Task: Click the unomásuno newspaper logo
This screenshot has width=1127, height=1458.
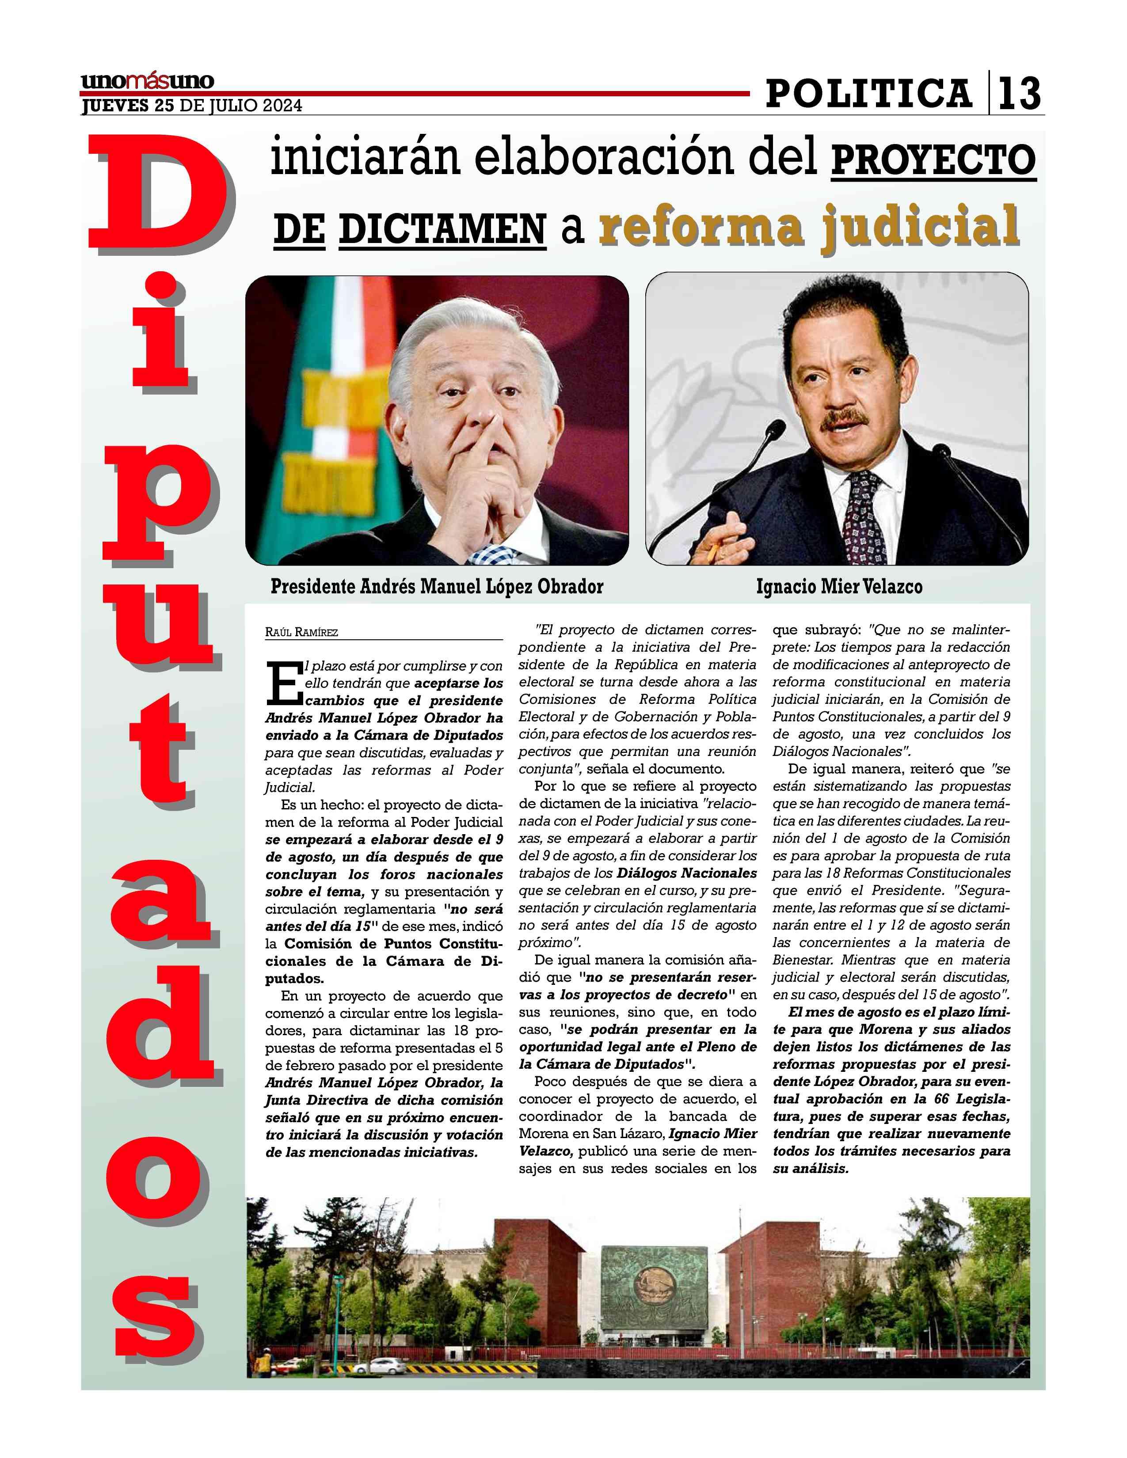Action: click(147, 81)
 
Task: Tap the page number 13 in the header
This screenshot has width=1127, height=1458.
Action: click(1019, 94)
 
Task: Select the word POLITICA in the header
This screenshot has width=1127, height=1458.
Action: click(868, 94)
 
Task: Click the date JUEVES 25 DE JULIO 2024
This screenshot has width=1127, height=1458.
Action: click(192, 106)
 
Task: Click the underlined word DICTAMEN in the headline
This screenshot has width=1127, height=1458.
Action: click(443, 229)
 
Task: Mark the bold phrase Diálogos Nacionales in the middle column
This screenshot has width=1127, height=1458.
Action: click(686, 873)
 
